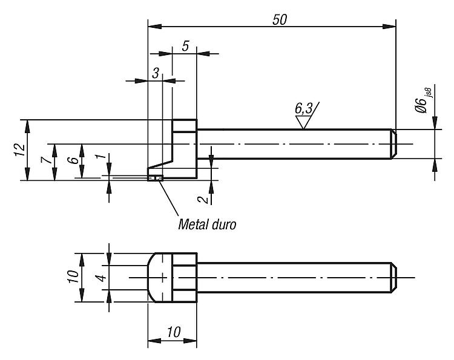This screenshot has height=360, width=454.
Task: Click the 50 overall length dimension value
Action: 280,20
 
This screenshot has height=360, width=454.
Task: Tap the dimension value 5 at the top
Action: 186,46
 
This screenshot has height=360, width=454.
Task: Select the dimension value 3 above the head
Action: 156,73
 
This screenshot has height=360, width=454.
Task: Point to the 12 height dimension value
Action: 20,150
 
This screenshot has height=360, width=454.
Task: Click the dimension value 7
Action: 46,160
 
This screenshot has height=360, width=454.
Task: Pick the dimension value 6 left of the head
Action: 74,160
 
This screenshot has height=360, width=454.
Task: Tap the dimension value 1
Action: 100,156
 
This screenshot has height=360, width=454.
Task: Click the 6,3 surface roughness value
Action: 304,109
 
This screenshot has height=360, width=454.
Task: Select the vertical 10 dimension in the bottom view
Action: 73,277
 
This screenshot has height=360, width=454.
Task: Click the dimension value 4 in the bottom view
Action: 101,278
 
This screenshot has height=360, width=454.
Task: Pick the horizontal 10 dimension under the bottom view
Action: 174,332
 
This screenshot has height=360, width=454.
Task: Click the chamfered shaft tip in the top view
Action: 393,144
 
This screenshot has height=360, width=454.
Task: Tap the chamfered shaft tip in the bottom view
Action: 393,278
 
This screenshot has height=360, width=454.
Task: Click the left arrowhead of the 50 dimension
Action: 154,27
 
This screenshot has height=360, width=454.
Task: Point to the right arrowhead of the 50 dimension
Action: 389,27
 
